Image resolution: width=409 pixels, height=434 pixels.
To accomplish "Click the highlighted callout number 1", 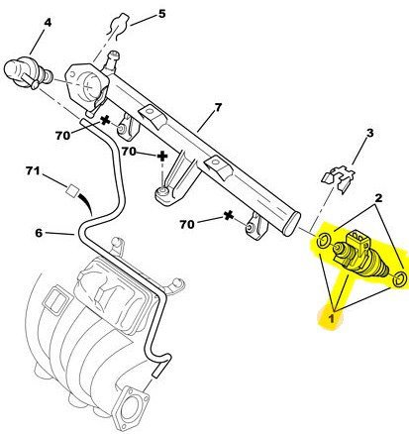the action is pyautogui.click(x=332, y=318).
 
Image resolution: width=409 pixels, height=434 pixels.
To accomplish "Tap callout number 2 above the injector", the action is pyautogui.click(x=378, y=198).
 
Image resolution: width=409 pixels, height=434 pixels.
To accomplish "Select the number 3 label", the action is pyautogui.click(x=369, y=133).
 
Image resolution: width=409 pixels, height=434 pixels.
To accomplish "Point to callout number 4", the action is pyautogui.click(x=48, y=23).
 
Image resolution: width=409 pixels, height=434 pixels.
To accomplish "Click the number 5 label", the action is pyautogui.click(x=161, y=14).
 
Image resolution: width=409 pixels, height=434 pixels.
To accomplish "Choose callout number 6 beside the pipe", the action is pyautogui.click(x=39, y=233).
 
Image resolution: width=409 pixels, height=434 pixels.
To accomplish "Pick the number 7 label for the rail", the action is pyautogui.click(x=218, y=108).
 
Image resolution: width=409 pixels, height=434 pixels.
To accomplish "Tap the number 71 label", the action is pyautogui.click(x=33, y=170).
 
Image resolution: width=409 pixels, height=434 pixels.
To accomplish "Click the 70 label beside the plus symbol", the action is pyautogui.click(x=129, y=152).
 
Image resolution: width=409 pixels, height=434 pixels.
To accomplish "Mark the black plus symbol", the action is pyautogui.click(x=162, y=157).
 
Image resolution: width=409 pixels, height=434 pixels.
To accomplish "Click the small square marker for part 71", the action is pyautogui.click(x=72, y=190).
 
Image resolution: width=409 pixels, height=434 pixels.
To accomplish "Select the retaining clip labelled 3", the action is pyautogui.click(x=339, y=178).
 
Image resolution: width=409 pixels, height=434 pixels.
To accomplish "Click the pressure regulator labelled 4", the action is pyautogui.click(x=28, y=73).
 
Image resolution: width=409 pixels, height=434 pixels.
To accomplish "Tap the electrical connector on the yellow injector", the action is pyautogui.click(x=357, y=240).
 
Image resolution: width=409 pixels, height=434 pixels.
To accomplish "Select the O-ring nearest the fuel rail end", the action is pyautogui.click(x=324, y=241).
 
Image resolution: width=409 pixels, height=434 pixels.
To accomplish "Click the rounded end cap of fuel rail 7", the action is pyautogui.click(x=291, y=224).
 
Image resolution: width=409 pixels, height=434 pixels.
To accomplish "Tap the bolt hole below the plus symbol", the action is pyautogui.click(x=162, y=192).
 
